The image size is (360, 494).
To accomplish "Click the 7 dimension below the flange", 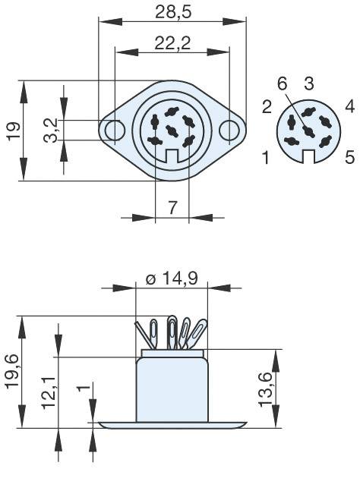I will coord(172,206).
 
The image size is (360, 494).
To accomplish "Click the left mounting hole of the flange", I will coord(115,130).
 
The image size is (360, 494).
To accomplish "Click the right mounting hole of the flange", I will coord(229,130).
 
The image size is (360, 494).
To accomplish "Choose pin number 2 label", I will coord(267,106).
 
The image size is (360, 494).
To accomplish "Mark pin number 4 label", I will coord(349,106).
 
